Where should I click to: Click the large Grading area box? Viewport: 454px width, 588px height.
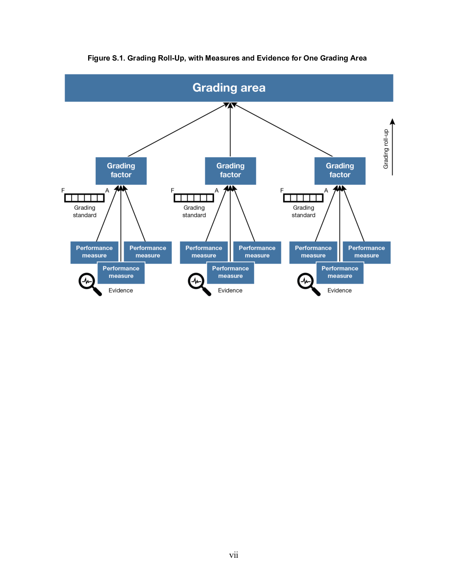(x=229, y=88)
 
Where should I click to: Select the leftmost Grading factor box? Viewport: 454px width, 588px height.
(x=121, y=171)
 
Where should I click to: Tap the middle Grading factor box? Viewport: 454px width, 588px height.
(x=231, y=171)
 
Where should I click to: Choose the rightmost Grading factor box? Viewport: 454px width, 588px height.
(x=340, y=171)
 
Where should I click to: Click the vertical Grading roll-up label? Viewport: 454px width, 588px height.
(x=386, y=149)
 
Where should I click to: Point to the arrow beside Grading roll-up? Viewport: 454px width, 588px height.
(x=392, y=147)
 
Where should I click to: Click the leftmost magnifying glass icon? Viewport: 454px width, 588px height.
(x=90, y=284)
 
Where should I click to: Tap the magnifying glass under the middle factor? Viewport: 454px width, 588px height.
(x=199, y=284)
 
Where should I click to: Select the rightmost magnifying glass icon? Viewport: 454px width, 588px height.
(x=309, y=284)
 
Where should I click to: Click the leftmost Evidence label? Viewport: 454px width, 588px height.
(x=121, y=290)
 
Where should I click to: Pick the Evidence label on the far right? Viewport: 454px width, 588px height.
(x=339, y=290)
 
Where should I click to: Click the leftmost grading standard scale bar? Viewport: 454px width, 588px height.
(x=85, y=198)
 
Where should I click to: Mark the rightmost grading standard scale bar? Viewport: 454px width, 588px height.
(x=303, y=198)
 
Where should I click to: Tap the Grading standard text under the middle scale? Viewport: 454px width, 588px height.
(x=194, y=211)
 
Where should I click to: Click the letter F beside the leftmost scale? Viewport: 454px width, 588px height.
(x=63, y=191)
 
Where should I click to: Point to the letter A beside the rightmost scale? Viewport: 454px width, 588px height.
(x=326, y=191)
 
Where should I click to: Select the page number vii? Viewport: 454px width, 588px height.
(x=234, y=555)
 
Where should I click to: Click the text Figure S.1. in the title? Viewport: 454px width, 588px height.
(x=106, y=58)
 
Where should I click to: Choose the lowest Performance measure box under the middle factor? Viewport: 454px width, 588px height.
(x=231, y=273)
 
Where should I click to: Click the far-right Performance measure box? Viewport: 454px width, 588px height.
(x=367, y=253)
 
